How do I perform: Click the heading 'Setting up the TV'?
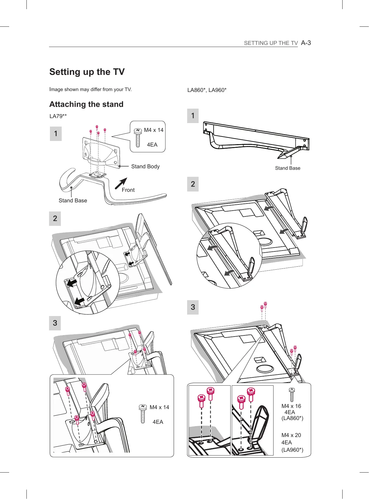pyautogui.click(x=87, y=72)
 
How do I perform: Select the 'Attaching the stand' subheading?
pyautogui.click(x=86, y=104)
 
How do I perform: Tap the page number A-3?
pyautogui.click(x=306, y=43)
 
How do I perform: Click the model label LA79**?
pyautogui.click(x=58, y=116)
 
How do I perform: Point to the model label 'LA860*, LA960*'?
pyautogui.click(x=207, y=90)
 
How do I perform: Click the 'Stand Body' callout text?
pyautogui.click(x=145, y=167)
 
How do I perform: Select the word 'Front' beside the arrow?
pyautogui.click(x=128, y=190)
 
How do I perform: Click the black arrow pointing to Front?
pyautogui.click(x=121, y=183)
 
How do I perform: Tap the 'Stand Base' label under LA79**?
pyautogui.click(x=73, y=201)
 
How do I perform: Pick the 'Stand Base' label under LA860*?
pyautogui.click(x=288, y=168)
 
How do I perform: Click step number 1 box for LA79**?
pyautogui.click(x=56, y=134)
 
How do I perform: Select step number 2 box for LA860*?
pyautogui.click(x=193, y=184)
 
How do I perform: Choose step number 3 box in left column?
pyautogui.click(x=55, y=323)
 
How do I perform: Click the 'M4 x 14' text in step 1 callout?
pyautogui.click(x=154, y=130)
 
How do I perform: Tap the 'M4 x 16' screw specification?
pyautogui.click(x=291, y=406)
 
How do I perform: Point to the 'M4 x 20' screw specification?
pyautogui.click(x=291, y=435)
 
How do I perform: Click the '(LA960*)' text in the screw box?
pyautogui.click(x=292, y=450)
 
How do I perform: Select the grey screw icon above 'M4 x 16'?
pyautogui.click(x=291, y=394)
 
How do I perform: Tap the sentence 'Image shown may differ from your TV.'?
pyautogui.click(x=90, y=89)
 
